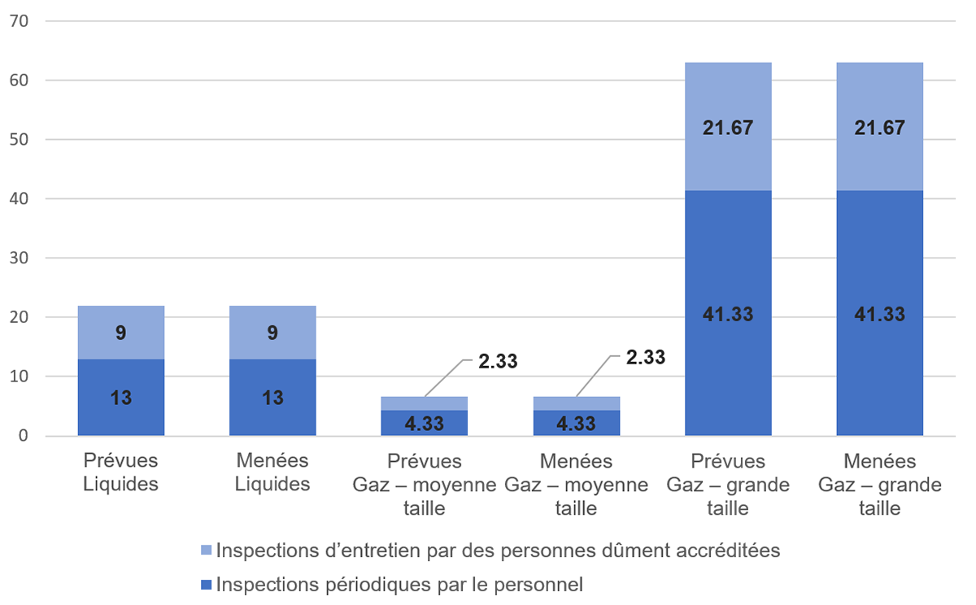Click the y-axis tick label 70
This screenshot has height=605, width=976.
(x=19, y=21)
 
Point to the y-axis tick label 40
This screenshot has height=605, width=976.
(x=19, y=198)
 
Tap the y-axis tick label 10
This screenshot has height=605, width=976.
(x=19, y=376)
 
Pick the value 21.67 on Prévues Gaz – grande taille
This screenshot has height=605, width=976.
(x=728, y=128)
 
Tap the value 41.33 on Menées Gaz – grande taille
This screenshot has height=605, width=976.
(x=879, y=315)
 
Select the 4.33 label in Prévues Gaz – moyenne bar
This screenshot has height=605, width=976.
(x=424, y=424)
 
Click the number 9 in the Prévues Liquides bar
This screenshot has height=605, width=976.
(x=121, y=332)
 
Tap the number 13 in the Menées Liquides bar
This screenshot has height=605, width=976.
(x=272, y=398)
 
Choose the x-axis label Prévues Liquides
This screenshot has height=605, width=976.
(x=121, y=472)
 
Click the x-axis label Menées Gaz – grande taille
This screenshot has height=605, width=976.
(x=879, y=485)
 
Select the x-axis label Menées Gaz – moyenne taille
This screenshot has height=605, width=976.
(x=576, y=485)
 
